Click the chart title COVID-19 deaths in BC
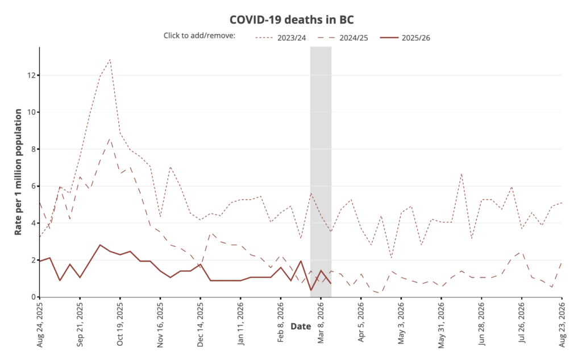point(292,19)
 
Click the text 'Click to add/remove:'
point(199,36)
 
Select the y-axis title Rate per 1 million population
point(18,172)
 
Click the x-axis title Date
point(300,326)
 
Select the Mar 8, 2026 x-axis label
point(321,322)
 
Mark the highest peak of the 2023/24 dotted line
point(110,59)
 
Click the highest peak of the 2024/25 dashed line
point(110,138)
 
